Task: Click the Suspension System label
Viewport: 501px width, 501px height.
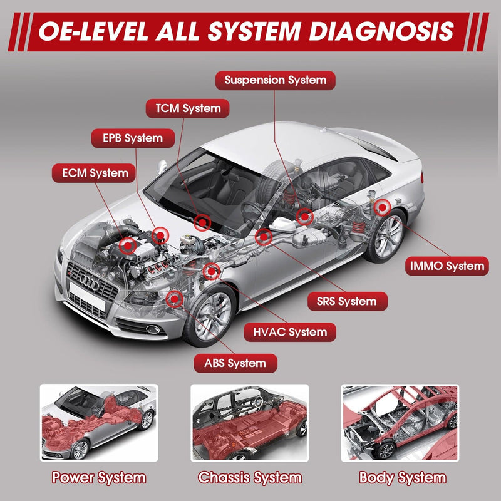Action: click(x=275, y=80)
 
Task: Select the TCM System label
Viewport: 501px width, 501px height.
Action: click(x=183, y=108)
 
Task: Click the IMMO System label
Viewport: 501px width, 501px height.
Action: click(x=447, y=266)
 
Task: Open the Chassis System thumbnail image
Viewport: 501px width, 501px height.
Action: click(x=249, y=423)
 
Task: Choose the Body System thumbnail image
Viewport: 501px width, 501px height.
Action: click(x=400, y=423)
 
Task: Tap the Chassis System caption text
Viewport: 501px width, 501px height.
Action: click(x=249, y=478)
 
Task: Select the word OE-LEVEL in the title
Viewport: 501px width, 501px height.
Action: click(x=94, y=32)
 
